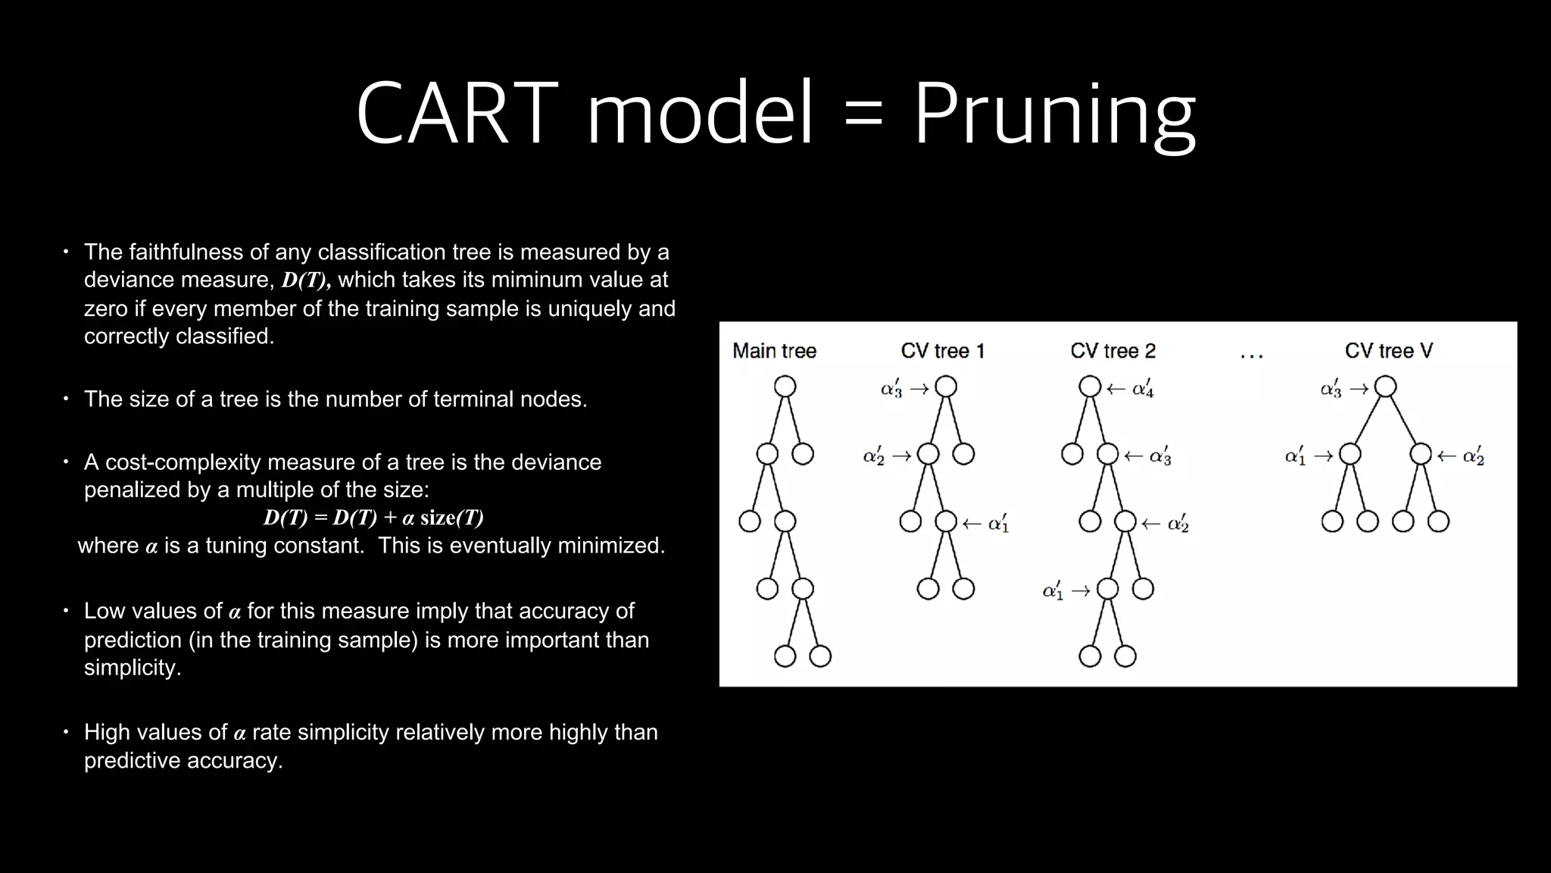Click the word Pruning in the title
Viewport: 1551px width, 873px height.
point(1054,114)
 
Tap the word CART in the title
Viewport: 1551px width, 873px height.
point(457,114)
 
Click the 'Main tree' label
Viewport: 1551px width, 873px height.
point(774,351)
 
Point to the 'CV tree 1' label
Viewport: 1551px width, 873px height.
point(942,351)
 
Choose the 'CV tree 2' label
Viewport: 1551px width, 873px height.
point(1113,351)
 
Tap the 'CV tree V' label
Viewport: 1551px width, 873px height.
point(1388,351)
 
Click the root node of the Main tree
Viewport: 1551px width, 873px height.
point(785,386)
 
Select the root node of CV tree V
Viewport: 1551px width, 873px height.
point(1385,386)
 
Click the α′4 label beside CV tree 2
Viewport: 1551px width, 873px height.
point(1142,389)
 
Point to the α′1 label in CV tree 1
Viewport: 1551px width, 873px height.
point(998,523)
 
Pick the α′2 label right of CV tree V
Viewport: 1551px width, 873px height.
point(1473,455)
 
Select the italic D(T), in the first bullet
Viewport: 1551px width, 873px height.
point(306,280)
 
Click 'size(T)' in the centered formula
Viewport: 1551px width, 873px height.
point(451,518)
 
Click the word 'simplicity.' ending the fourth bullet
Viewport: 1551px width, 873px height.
point(133,668)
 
